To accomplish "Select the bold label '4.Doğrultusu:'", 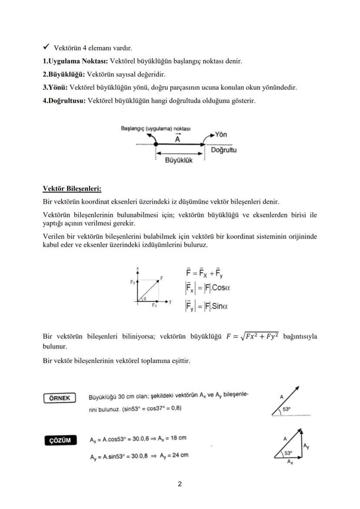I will click(x=64, y=101).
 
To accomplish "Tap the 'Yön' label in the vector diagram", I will click(x=221, y=135).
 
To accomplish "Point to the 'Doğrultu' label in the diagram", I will click(x=223, y=150).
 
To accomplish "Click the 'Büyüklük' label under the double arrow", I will click(x=179, y=160).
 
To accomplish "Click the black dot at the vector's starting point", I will click(x=156, y=144).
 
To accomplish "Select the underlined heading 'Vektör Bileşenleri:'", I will click(x=72, y=189).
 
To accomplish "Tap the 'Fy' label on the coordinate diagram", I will click(x=133, y=282).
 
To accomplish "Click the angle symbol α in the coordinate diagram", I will click(x=144, y=298).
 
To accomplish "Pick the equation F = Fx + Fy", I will click(x=205, y=274).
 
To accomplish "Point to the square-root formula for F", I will click(x=253, y=337).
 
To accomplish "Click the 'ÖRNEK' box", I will click(x=60, y=398).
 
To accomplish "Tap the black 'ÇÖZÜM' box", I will click(x=60, y=440).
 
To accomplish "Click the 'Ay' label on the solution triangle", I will click(x=307, y=446).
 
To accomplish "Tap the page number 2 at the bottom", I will click(x=180, y=484).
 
